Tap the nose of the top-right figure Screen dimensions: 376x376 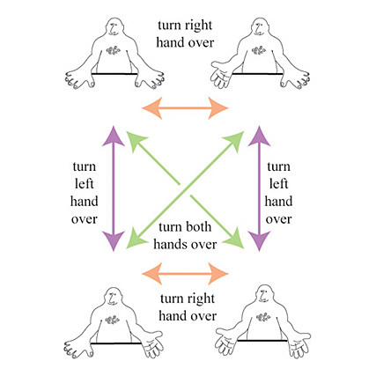pos(259,29)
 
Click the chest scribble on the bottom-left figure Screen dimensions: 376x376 pos(113,319)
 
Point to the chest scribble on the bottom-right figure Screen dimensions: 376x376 pos(263,317)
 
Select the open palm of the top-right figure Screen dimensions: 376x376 pos(221,75)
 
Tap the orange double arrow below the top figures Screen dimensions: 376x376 pos(185,108)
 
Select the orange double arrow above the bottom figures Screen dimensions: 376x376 pos(185,274)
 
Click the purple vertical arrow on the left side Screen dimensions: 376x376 pos(114,188)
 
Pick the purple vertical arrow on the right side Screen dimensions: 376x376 pos(259,188)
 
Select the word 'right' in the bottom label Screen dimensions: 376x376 pos(200,299)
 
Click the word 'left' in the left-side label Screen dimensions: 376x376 pos(85,184)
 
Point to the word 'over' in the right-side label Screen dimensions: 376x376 pos(278,219)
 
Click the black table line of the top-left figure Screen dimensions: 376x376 pos(114,74)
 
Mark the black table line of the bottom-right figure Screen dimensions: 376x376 pos(262,341)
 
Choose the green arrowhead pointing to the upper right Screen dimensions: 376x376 pos(236,139)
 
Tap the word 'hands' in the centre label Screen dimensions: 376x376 pos(171,244)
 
